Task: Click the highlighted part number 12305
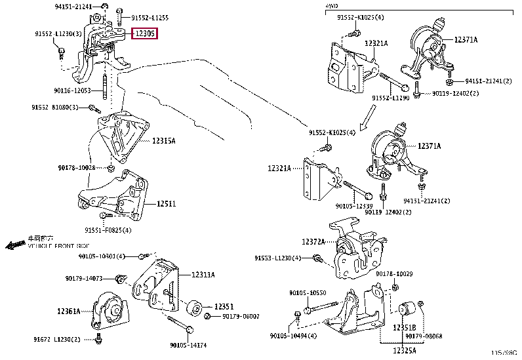click(145, 33)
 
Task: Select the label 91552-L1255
click(150, 18)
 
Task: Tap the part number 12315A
click(164, 140)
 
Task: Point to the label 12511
click(166, 204)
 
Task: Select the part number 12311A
click(203, 275)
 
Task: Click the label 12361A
click(68, 311)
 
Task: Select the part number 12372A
click(313, 241)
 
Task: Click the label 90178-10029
click(394, 273)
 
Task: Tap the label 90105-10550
click(307, 292)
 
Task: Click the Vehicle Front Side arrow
click(13, 245)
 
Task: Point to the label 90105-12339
click(353, 206)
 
